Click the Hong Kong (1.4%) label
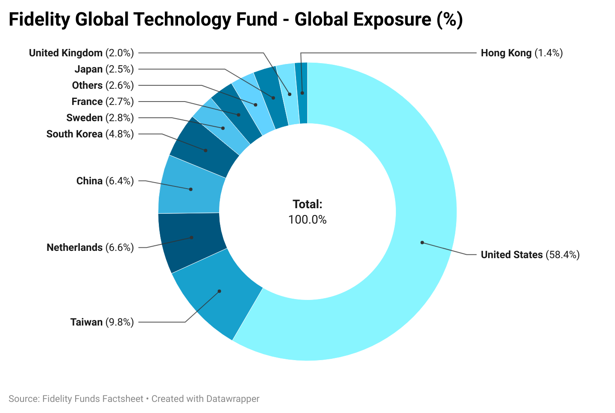(x=521, y=53)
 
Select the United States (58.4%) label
(x=530, y=255)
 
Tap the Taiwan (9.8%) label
(x=102, y=322)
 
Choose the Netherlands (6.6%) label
(x=90, y=247)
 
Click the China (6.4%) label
(x=105, y=181)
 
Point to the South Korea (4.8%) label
(x=90, y=134)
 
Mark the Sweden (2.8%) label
(x=100, y=118)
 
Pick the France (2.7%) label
(x=102, y=102)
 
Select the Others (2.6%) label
(x=103, y=85)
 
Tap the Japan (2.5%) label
(x=104, y=69)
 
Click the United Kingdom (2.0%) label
(x=81, y=53)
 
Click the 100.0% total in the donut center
(x=307, y=219)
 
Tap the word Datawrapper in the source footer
(x=232, y=399)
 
